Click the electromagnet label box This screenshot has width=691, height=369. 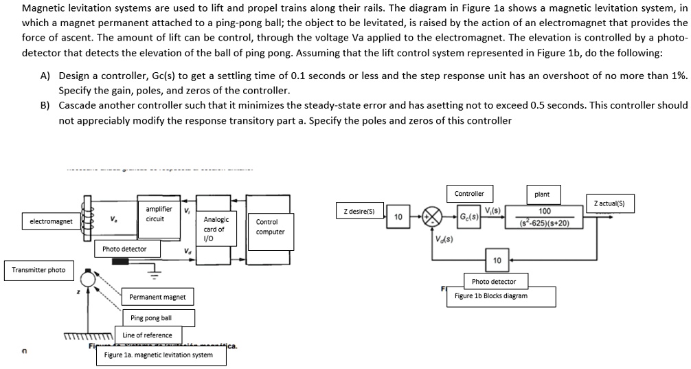tap(52, 222)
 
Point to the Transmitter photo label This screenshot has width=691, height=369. tap(38, 270)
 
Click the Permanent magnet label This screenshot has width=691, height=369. tap(157, 298)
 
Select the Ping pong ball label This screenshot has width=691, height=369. tap(157, 318)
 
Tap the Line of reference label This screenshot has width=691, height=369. tap(147, 335)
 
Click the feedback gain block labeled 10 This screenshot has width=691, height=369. tap(497, 260)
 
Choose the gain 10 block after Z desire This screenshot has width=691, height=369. tap(398, 216)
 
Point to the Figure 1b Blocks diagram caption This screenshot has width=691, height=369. tap(490, 296)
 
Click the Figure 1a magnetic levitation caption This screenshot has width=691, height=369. tap(158, 355)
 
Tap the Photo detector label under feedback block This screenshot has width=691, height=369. tap(493, 282)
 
